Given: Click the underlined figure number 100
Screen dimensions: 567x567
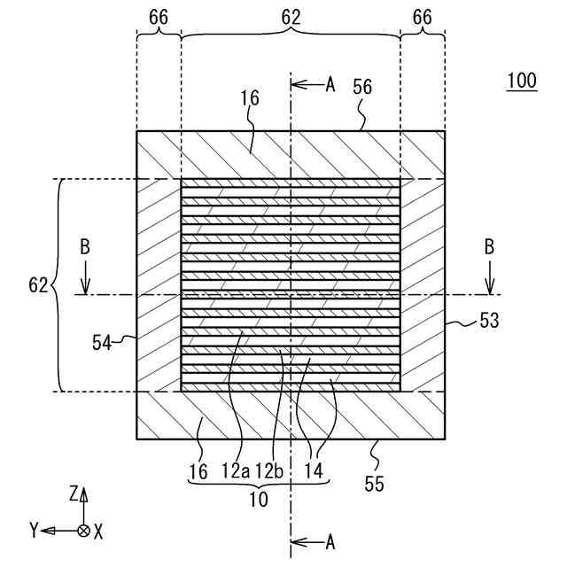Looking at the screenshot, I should pos(522,81).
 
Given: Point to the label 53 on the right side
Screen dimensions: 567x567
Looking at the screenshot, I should pos(489,321).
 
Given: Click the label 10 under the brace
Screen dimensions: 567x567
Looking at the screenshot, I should pos(259,499).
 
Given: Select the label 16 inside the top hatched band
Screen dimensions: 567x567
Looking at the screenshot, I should pos(251,98).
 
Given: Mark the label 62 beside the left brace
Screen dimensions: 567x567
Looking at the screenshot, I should pos(38,285).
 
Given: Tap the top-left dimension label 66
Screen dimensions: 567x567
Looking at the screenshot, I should pos(159,17).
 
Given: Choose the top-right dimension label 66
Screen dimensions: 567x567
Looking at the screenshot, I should pos(423,17).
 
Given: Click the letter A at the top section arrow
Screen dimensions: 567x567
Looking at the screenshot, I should pos(330,84).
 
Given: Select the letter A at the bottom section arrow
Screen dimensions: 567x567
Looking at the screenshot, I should pos(330,541).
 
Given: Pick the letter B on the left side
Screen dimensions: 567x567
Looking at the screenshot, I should pos(85,247).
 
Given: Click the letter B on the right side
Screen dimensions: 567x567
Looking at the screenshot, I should pos(488,247).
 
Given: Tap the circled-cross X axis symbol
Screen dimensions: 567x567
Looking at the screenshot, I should pos(83,530).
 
